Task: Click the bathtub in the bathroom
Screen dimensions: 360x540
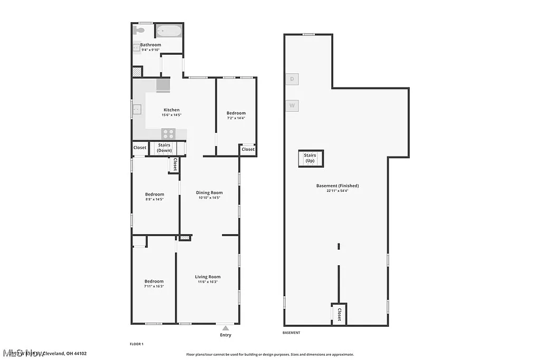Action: tap(169, 31)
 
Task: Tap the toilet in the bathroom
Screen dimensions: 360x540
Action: tap(136, 30)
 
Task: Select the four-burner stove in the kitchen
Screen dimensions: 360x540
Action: tap(168, 134)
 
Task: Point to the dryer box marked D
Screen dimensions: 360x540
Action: tap(292, 79)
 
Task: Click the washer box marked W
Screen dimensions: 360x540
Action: tap(292, 105)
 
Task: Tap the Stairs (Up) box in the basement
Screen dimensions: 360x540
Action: tap(310, 158)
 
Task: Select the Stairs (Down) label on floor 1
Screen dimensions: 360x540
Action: tap(164, 148)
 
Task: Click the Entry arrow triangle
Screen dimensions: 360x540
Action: tap(226, 328)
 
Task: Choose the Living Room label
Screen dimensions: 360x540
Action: tap(208, 277)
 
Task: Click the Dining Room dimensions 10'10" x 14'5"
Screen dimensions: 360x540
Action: tap(210, 198)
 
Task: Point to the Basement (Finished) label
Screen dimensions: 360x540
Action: tap(337, 186)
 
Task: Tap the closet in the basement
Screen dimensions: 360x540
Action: tap(339, 314)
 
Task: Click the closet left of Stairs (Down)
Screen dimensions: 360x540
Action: tap(140, 148)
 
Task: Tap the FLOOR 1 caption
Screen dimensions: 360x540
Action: tap(137, 344)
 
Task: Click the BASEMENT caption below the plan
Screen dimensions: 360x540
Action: tap(292, 333)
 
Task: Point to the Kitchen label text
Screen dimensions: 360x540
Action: tap(171, 110)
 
